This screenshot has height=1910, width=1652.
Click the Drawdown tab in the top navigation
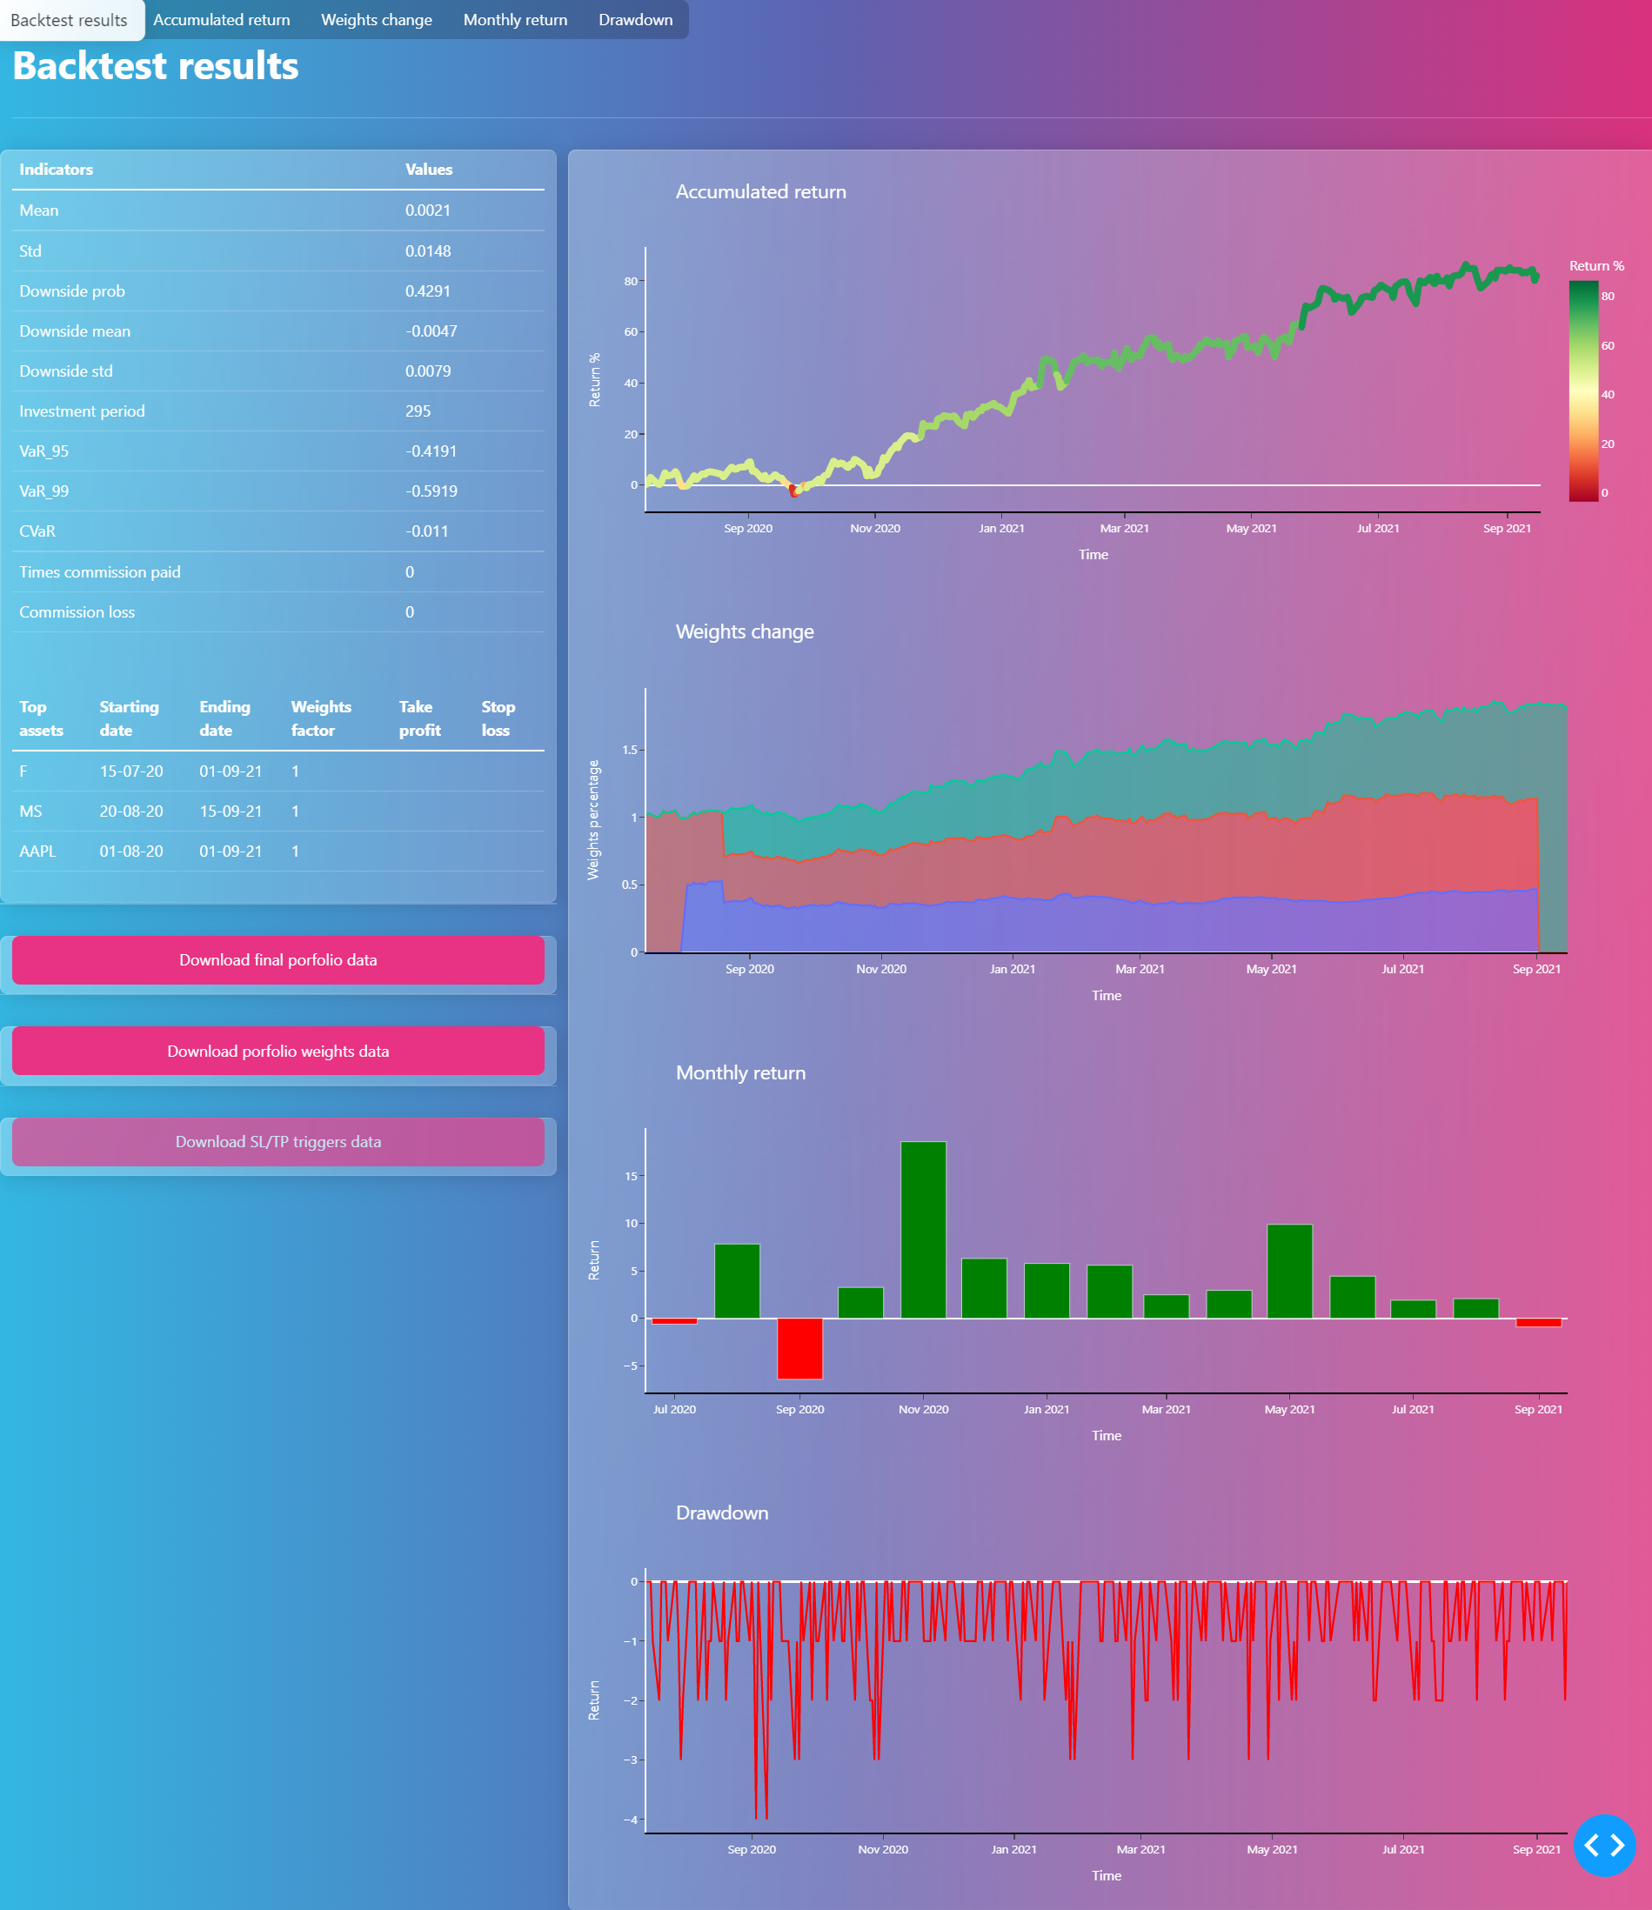(635, 19)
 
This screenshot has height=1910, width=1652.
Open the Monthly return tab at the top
(515, 19)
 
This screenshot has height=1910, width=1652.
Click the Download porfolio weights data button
(278, 1051)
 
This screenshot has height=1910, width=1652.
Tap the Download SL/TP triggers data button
(278, 1141)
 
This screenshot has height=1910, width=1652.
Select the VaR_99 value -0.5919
(431, 491)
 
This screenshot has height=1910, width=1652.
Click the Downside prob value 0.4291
(428, 291)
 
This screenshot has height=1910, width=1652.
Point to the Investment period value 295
(418, 411)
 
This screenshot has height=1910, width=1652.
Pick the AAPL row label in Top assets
(37, 851)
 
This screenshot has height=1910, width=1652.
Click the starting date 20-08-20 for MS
(130, 811)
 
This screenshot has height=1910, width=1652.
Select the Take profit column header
(419, 718)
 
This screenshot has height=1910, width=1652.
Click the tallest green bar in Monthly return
(923, 1230)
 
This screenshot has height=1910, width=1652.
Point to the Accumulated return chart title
(760, 191)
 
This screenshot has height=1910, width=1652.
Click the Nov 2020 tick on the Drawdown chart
(882, 1849)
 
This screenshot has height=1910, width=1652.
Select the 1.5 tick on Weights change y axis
(630, 750)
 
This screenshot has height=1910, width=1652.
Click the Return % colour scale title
(1596, 265)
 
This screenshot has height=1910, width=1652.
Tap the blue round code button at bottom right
(1604, 1846)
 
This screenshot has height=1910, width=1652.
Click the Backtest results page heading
(156, 66)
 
